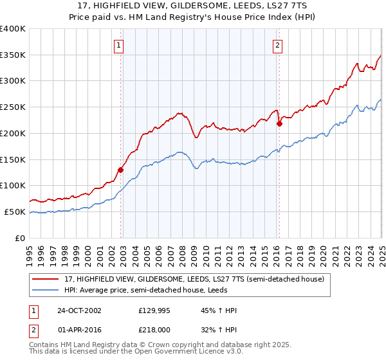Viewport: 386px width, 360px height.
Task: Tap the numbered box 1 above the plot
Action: coord(120,45)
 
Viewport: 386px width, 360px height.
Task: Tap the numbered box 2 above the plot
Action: coord(277,45)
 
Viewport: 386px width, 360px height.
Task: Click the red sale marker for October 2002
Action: coord(120,170)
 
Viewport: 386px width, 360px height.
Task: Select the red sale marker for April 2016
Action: coord(279,124)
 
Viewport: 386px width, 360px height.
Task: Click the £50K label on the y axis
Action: coord(15,212)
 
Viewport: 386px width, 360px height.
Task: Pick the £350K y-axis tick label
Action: coord(13,55)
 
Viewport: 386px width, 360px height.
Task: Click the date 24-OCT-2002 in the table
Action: coord(78,310)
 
